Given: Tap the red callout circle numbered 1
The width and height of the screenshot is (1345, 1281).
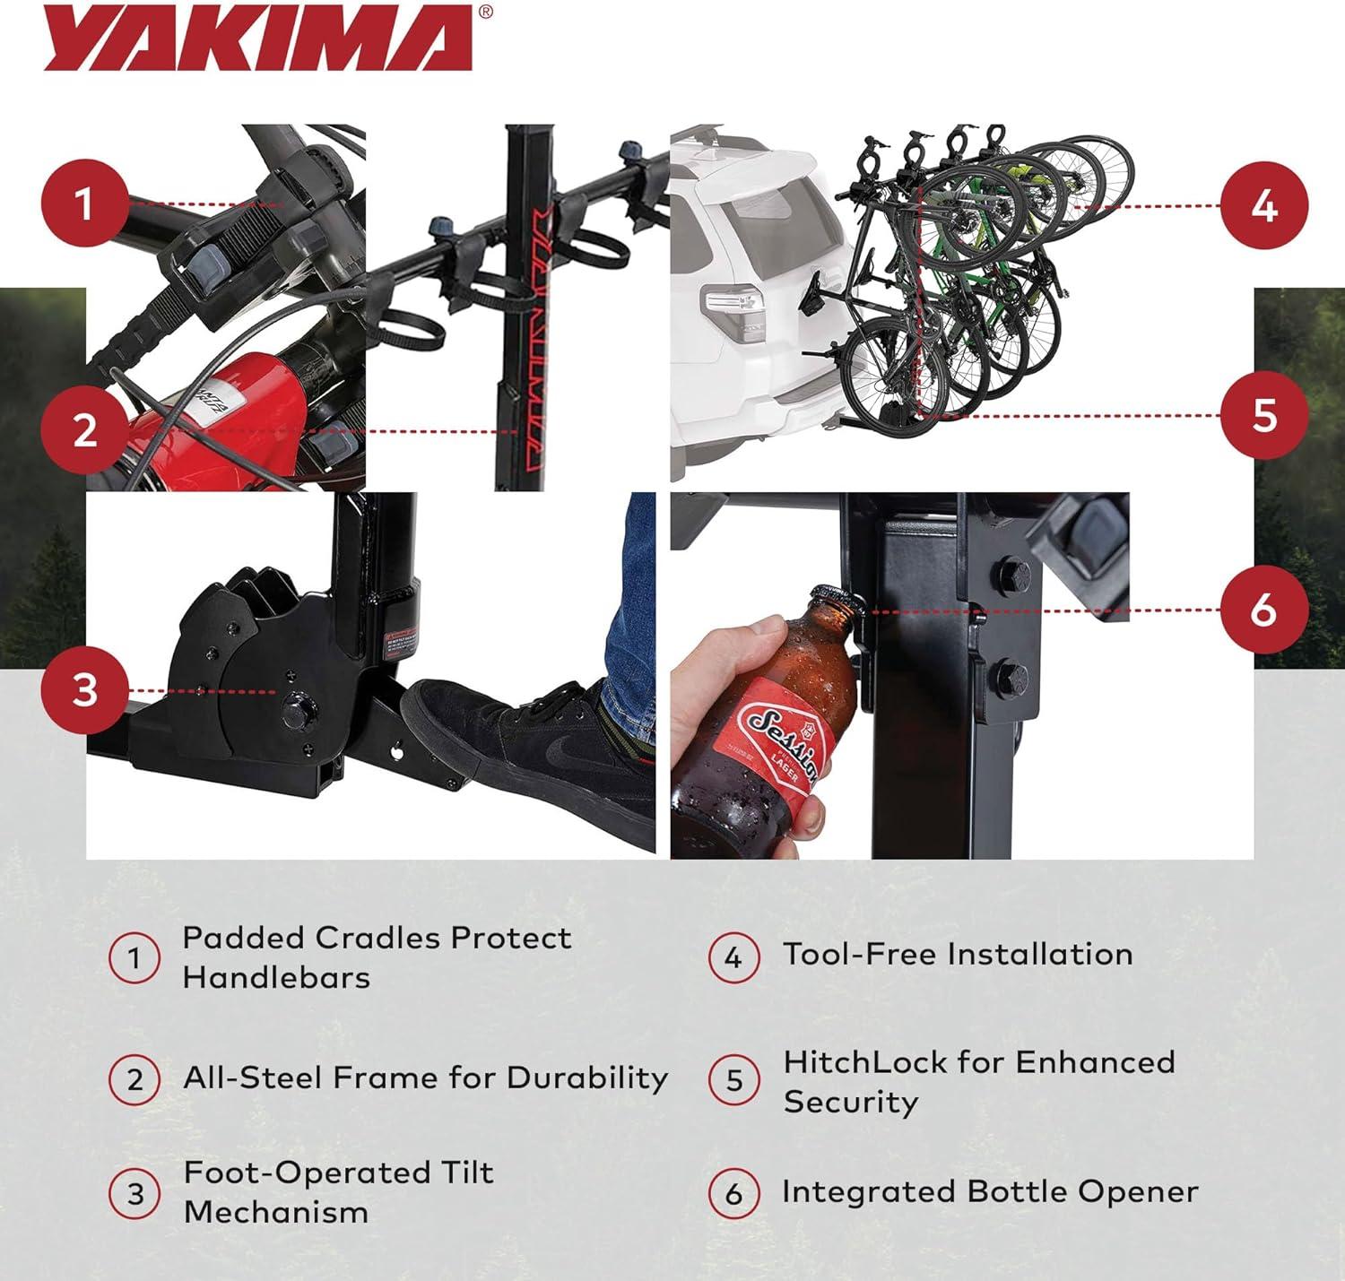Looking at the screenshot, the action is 85,203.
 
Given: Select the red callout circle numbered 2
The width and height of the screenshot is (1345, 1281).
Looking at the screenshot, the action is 85,430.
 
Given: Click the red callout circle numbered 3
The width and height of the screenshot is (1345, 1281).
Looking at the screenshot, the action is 85,690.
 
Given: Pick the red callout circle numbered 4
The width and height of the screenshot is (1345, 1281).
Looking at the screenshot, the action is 1264,205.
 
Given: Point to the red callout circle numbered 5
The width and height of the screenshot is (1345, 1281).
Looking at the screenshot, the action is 1264,415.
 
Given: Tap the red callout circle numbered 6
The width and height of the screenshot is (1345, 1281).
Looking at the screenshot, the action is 1264,610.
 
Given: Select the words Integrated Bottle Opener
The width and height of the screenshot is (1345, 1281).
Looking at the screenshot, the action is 990,1190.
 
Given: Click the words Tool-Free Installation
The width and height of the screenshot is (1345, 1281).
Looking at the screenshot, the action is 958,954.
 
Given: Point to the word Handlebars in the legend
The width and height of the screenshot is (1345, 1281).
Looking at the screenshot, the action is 276,977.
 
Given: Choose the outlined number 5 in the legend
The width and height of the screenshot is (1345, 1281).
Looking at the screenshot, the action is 734,1080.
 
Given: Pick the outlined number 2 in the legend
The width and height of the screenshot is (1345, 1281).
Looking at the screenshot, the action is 134,1080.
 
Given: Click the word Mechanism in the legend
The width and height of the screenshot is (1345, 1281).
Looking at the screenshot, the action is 276,1213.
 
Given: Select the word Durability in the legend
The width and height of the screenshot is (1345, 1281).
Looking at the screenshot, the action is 587,1078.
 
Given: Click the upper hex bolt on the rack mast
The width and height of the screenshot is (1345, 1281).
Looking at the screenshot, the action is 1011,575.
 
